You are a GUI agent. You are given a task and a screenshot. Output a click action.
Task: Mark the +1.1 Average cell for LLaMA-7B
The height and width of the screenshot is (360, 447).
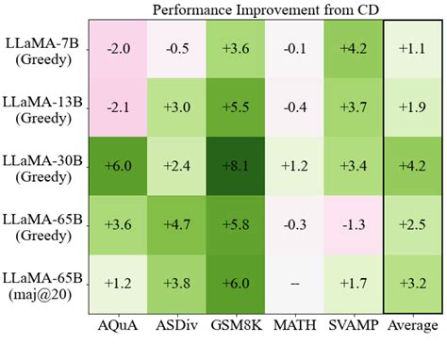pos(413,49)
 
